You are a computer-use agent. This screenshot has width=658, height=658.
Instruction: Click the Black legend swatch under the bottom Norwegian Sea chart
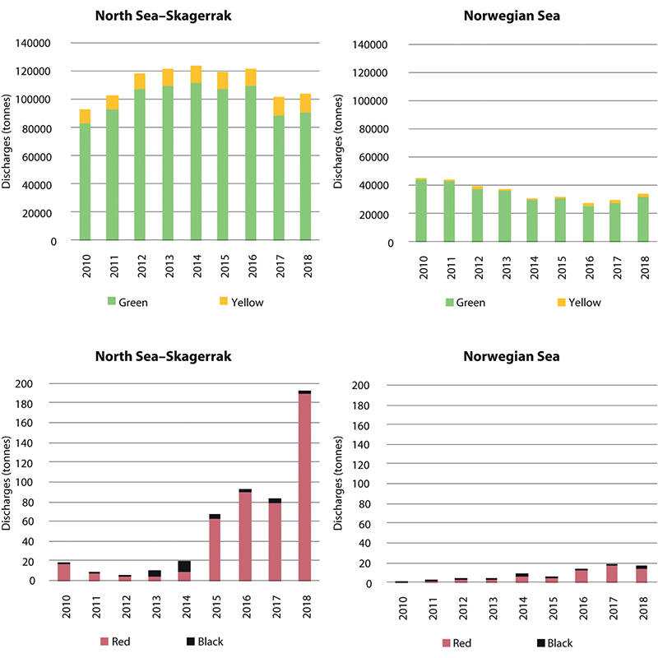(x=544, y=642)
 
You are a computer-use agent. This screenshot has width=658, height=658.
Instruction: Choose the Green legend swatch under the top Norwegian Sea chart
(x=450, y=302)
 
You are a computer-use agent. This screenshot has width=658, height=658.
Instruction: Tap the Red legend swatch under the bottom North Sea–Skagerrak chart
(x=104, y=641)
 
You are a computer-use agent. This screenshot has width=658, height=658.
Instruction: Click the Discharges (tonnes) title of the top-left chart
(x=7, y=141)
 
